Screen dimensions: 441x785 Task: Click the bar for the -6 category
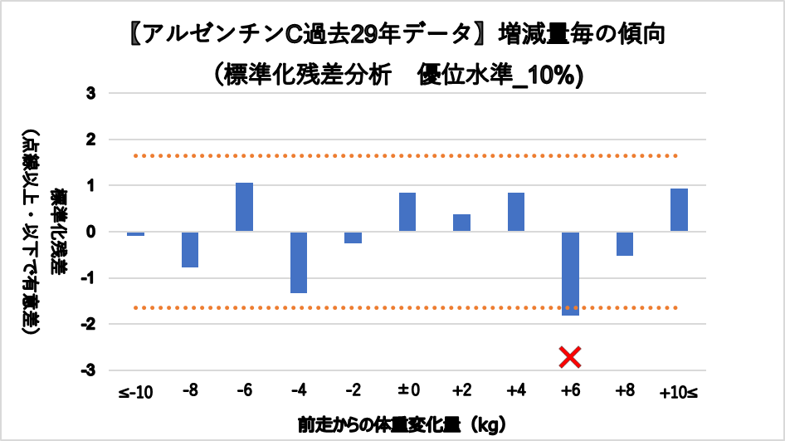(244, 207)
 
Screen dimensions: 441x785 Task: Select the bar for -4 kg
(299, 262)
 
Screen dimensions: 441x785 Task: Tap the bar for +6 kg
(570, 273)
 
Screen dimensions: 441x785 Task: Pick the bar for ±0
(407, 213)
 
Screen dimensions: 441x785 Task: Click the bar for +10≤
(679, 210)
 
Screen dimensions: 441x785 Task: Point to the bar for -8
(190, 249)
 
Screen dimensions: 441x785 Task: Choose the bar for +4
(515, 213)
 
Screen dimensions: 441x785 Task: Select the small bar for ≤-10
(136, 234)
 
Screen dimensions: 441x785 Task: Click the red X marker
(570, 357)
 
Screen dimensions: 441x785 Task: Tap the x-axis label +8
(624, 392)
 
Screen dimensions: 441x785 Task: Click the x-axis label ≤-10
(136, 392)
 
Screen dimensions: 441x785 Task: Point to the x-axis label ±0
(407, 392)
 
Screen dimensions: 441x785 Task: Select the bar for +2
(461, 223)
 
